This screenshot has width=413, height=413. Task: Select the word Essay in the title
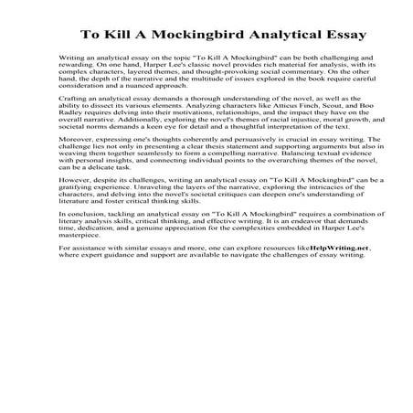point(342,36)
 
